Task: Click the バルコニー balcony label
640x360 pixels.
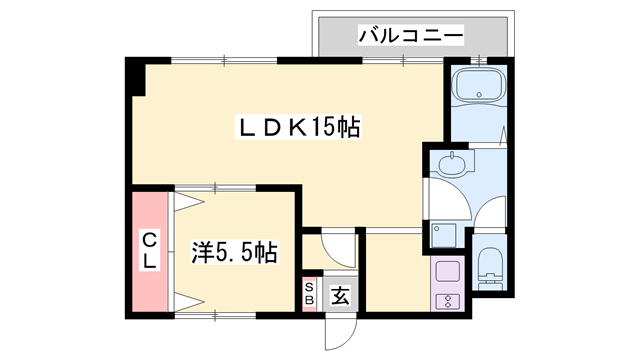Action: (411, 35)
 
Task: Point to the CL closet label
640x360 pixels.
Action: (149, 250)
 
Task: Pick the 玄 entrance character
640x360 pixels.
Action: (340, 296)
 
